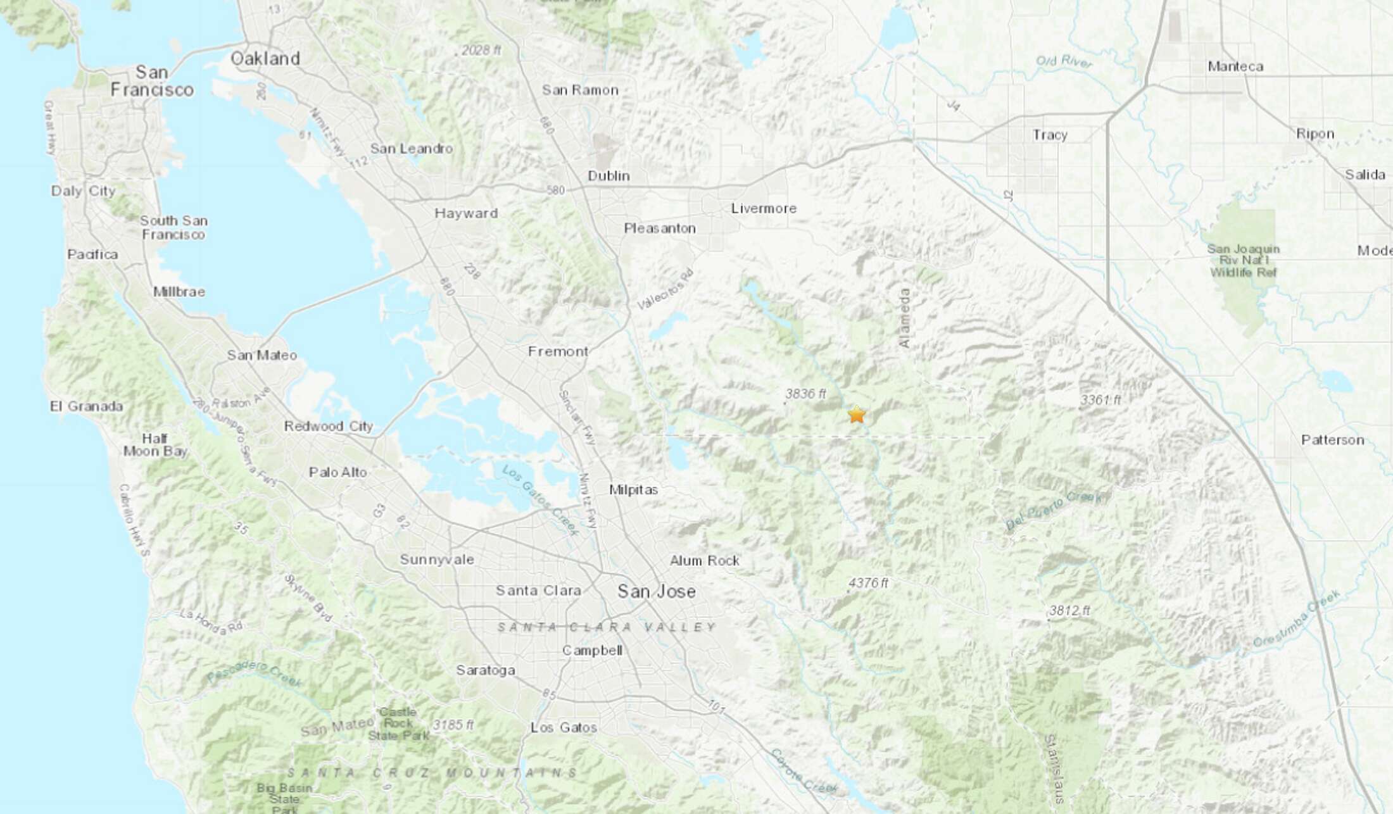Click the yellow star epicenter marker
(856, 415)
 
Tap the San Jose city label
(656, 591)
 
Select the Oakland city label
(265, 59)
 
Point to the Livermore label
(764, 208)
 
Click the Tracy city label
(1049, 135)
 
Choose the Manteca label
(1235, 66)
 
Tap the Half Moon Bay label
(155, 445)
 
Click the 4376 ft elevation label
(868, 583)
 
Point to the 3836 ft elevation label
(805, 394)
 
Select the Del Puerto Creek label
(1053, 511)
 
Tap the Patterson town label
(1332, 440)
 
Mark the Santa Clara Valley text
(607, 627)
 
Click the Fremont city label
(558, 351)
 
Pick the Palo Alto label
(337, 472)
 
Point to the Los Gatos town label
(564, 728)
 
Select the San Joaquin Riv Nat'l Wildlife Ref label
(1243, 261)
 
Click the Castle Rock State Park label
(399, 723)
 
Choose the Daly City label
(83, 191)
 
